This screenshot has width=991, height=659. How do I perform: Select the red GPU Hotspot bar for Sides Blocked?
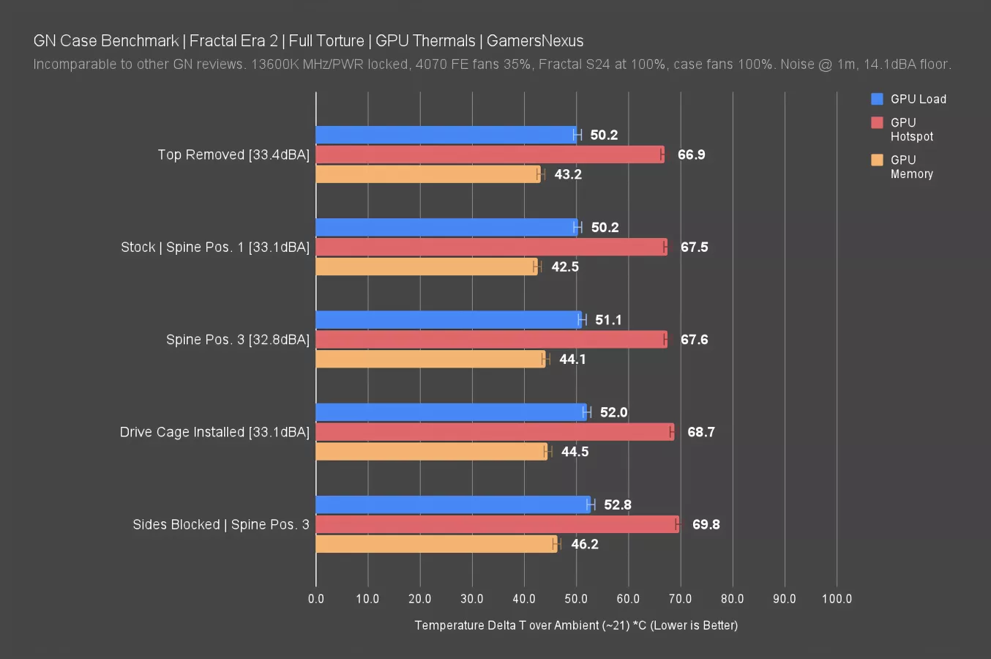click(x=498, y=524)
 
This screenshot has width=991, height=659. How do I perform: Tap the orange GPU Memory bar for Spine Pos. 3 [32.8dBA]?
click(x=430, y=359)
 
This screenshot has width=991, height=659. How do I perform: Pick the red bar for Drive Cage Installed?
click(x=495, y=432)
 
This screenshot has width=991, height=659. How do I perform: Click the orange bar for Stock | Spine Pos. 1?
click(x=427, y=267)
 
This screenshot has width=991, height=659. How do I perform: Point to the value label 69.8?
click(x=706, y=524)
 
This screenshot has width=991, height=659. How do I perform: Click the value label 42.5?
click(x=564, y=267)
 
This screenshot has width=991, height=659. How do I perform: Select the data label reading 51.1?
click(x=608, y=320)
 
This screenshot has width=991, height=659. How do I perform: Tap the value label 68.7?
click(x=700, y=432)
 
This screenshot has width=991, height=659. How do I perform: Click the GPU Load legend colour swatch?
click(x=877, y=99)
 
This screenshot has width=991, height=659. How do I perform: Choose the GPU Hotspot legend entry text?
click(x=911, y=129)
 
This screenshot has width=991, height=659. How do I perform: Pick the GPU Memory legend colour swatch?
click(x=877, y=160)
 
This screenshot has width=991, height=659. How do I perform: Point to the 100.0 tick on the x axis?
click(x=837, y=599)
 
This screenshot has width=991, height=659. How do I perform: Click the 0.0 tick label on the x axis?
click(x=316, y=599)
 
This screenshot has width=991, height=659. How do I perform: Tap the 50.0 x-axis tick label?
click(x=576, y=599)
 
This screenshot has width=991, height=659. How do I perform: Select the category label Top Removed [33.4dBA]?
click(x=233, y=154)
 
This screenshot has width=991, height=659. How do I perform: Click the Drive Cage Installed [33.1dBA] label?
click(x=214, y=432)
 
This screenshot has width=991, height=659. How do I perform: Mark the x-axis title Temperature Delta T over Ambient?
click(x=576, y=625)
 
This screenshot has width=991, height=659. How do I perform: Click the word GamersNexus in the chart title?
click(x=534, y=41)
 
